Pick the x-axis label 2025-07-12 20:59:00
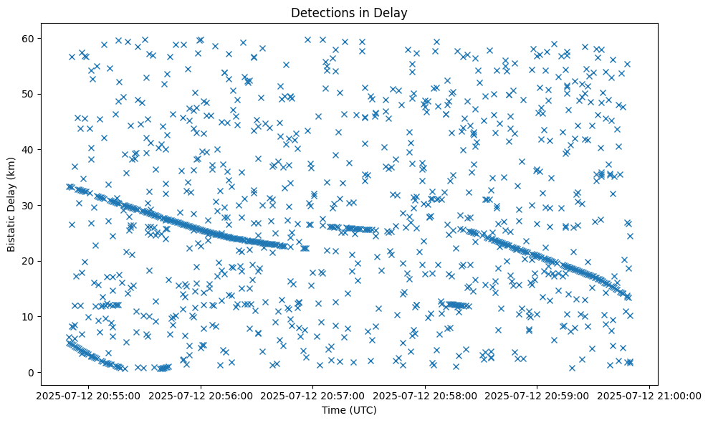pyautogui.click(x=537, y=395)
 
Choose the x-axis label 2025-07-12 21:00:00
pyautogui.click(x=649, y=395)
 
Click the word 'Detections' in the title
pyautogui.click(x=317, y=12)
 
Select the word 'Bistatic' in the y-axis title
pyautogui.click(x=11, y=230)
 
